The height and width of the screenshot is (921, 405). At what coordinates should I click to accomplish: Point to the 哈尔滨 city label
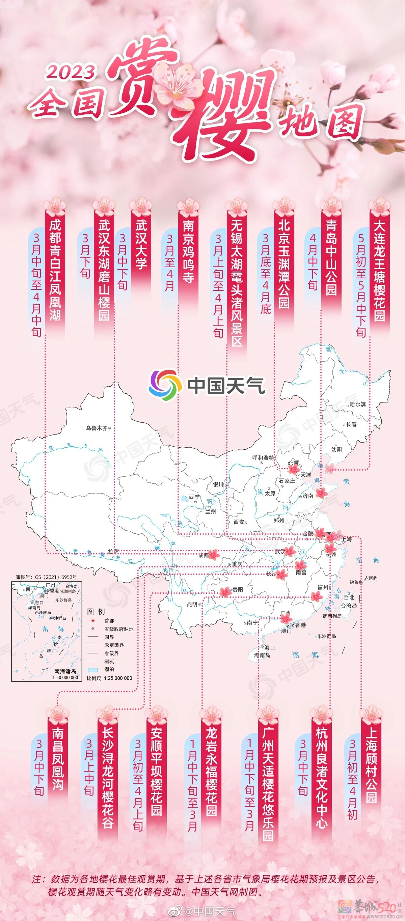pos(357,404)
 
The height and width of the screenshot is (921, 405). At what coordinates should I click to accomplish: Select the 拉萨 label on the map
pos(113,552)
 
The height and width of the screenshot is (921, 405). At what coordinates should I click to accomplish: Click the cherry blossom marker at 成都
pos(213,555)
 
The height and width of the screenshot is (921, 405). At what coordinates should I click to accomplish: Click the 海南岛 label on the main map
pos(262,655)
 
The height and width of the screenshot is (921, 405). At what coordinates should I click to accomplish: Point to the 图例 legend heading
pos(96,612)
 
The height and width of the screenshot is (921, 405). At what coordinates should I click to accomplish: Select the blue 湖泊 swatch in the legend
pos(93,670)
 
